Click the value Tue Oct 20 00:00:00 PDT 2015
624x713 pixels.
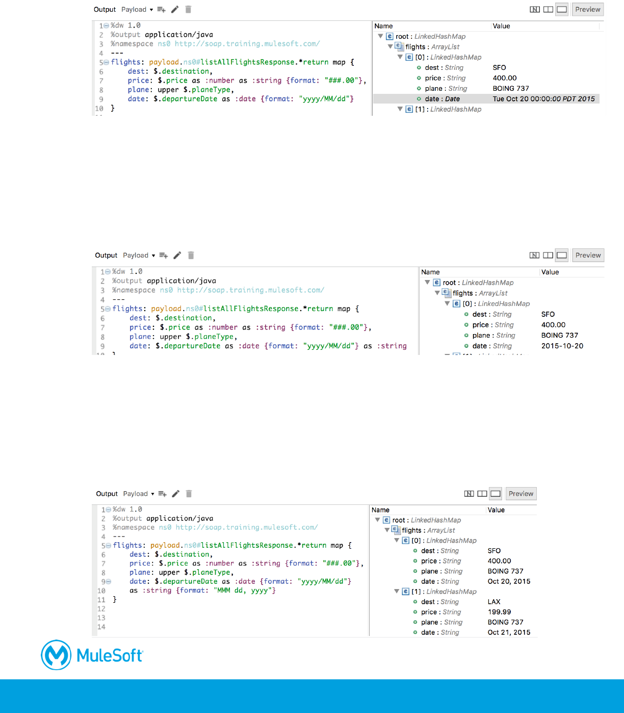click(x=543, y=99)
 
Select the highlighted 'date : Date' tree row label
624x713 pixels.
click(x=442, y=99)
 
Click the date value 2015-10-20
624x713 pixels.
click(x=562, y=346)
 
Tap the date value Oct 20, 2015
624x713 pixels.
click(x=509, y=581)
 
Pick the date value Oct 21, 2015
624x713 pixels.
click(x=509, y=632)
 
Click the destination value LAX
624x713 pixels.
click(x=494, y=602)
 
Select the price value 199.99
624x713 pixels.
click(x=499, y=612)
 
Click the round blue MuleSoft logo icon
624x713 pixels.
click(x=56, y=655)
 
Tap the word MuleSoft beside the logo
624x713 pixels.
click(x=110, y=655)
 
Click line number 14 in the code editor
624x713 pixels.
click(x=101, y=627)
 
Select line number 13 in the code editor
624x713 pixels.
click(x=101, y=618)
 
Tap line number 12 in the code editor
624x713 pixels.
click(x=101, y=609)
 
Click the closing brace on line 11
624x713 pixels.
click(x=115, y=600)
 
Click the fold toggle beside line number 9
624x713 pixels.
click(x=109, y=581)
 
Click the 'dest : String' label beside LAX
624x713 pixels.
click(x=440, y=602)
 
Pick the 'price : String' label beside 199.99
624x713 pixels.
click(x=441, y=612)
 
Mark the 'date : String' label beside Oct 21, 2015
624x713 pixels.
click(x=440, y=632)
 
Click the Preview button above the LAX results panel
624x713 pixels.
click(x=521, y=494)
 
